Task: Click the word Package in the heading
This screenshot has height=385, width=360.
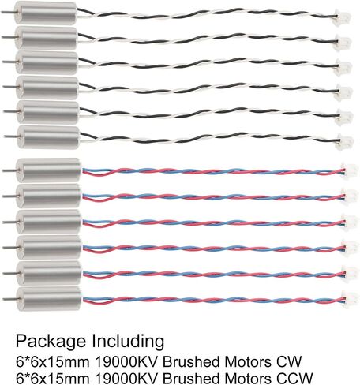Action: point(51,342)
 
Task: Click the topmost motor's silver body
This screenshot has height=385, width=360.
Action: point(45,13)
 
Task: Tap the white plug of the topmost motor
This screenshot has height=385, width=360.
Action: point(342,18)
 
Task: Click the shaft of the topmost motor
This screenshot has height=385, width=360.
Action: point(7,12)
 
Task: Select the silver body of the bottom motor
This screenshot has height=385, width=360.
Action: point(49,300)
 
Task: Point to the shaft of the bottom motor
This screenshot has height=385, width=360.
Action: point(10,299)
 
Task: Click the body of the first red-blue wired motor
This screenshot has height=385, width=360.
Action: point(48,170)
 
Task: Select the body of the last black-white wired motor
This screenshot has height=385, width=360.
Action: point(48,136)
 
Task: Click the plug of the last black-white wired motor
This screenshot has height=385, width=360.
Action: point(344,141)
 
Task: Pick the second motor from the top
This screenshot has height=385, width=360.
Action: point(47,38)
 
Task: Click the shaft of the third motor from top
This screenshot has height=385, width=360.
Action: point(9,62)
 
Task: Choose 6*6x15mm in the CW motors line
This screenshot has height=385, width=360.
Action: point(52,361)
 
